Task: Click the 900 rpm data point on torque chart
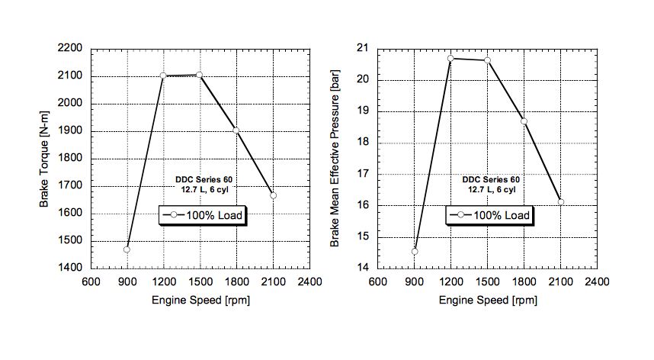click(127, 249)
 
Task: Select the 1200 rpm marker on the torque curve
click(163, 76)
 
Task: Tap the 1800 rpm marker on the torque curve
click(236, 130)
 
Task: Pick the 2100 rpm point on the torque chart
click(273, 195)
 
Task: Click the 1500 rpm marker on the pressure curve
click(487, 59)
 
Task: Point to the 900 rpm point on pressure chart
click(415, 251)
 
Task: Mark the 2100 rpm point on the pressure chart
click(560, 202)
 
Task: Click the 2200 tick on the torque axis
click(71, 49)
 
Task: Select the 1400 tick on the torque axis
click(71, 268)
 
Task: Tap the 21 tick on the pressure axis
click(364, 49)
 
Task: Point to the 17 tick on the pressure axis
click(364, 174)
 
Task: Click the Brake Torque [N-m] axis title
click(45, 159)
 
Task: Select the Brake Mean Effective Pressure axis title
click(335, 159)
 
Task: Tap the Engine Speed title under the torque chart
click(200, 300)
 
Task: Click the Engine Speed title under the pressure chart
click(487, 300)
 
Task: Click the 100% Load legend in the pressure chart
click(489, 216)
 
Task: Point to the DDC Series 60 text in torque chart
click(203, 179)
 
